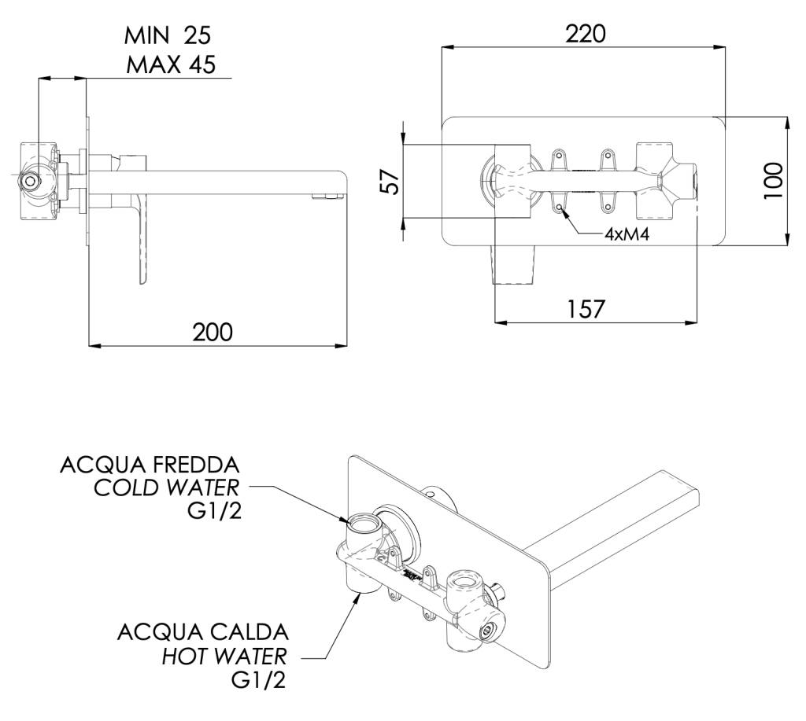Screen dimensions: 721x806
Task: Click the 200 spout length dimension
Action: pos(213,332)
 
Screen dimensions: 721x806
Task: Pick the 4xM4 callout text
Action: pos(627,235)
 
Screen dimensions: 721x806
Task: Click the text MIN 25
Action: pos(168,35)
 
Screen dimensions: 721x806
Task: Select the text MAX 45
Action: pos(170,64)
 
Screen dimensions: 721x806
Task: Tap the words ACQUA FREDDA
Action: pos(150,464)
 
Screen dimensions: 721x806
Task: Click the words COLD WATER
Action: pos(167,487)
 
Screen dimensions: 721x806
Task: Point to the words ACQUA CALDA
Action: pos(202,631)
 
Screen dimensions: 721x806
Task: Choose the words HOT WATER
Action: pos(224,656)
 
